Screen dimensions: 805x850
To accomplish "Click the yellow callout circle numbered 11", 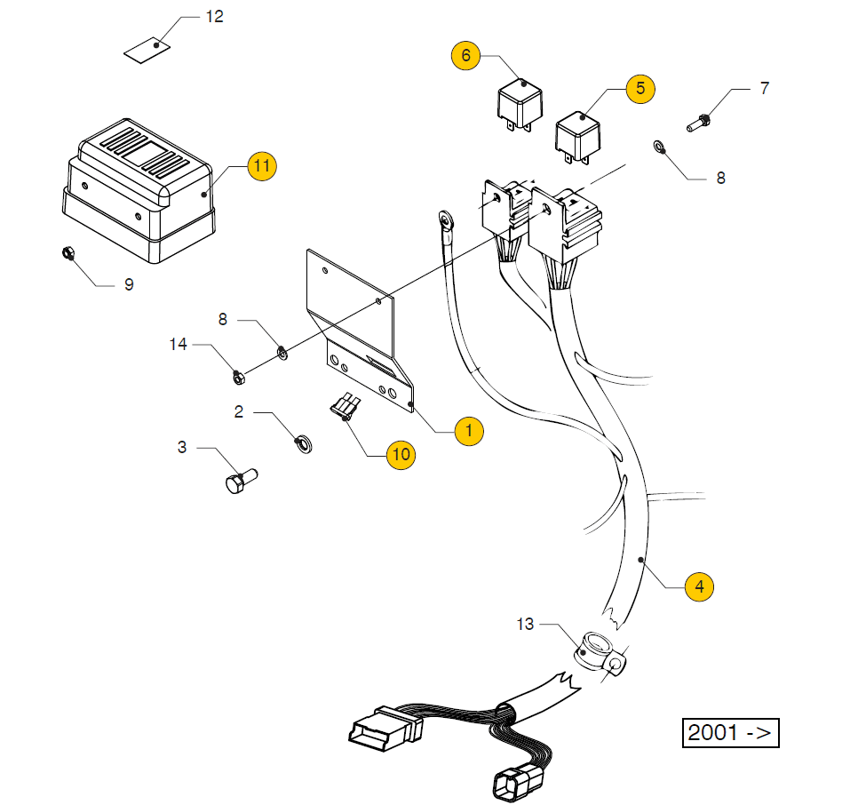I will click(x=261, y=165).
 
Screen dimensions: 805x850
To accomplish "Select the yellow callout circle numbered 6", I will click(x=465, y=55).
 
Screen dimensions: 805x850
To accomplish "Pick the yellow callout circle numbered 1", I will click(x=468, y=432).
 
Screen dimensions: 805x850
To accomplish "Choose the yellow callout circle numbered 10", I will click(x=401, y=455).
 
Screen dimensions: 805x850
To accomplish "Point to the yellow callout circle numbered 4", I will click(x=699, y=586).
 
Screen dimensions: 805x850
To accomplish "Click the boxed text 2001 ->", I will click(x=729, y=733).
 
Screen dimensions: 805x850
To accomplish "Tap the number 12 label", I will click(x=215, y=17).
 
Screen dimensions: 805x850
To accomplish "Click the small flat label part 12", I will click(x=147, y=50).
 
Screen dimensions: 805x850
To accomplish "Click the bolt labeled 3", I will click(x=237, y=483).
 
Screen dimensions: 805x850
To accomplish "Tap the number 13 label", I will click(x=525, y=624).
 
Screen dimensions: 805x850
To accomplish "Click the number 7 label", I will click(x=764, y=88).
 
